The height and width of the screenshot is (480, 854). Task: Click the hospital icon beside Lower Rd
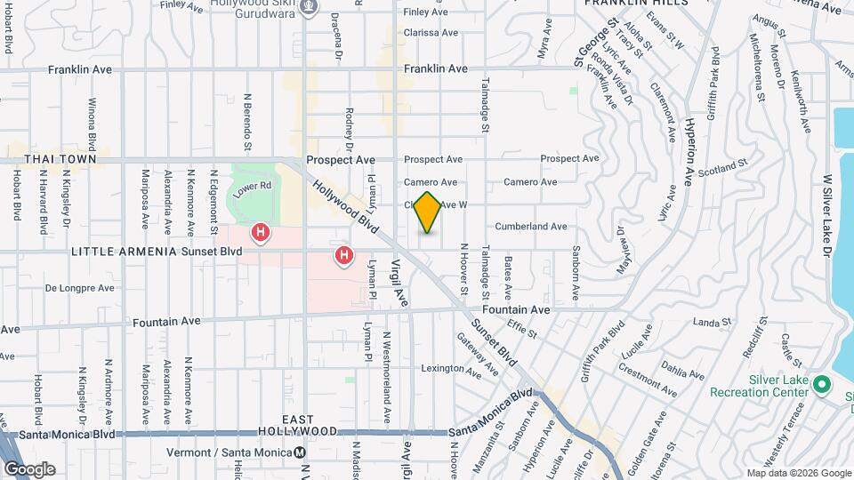click(x=261, y=233)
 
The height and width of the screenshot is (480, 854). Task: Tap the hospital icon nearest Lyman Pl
click(x=344, y=257)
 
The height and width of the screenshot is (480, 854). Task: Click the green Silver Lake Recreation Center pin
click(x=823, y=385)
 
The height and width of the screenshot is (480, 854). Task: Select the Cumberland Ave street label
click(x=531, y=227)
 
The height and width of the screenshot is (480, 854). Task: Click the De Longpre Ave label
click(x=80, y=288)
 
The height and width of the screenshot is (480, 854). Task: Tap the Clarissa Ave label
click(x=430, y=33)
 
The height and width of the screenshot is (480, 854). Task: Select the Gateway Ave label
click(x=478, y=353)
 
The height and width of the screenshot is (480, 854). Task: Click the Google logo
click(x=30, y=468)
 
